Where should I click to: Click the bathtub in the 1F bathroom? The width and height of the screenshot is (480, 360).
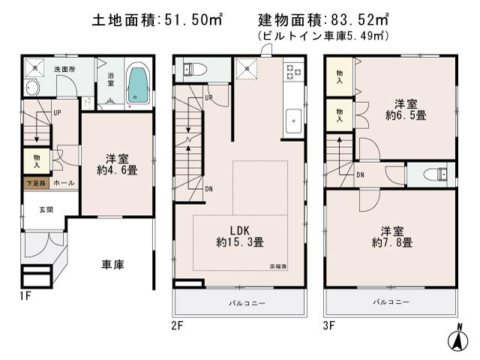click(137, 85)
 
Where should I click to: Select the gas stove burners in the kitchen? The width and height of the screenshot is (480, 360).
click(290, 73)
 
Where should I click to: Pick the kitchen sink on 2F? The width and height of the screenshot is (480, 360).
click(292, 118)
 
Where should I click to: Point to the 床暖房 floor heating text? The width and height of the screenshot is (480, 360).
click(278, 266)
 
